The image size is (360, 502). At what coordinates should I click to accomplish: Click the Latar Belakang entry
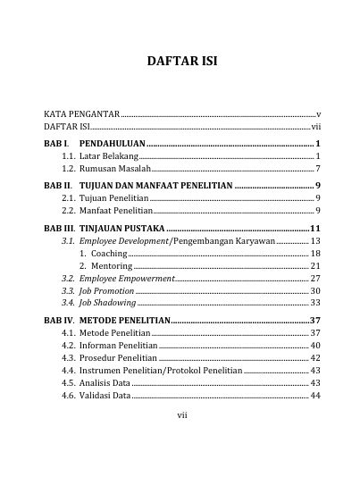click(100, 155)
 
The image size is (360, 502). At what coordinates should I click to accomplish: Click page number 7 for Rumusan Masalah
click(318, 168)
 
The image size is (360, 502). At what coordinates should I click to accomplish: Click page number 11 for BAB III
click(315, 229)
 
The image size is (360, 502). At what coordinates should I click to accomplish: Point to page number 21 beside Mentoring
click(315, 266)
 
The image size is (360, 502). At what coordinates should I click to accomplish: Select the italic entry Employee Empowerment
click(126, 279)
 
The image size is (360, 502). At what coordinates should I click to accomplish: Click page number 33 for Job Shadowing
click(315, 304)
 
